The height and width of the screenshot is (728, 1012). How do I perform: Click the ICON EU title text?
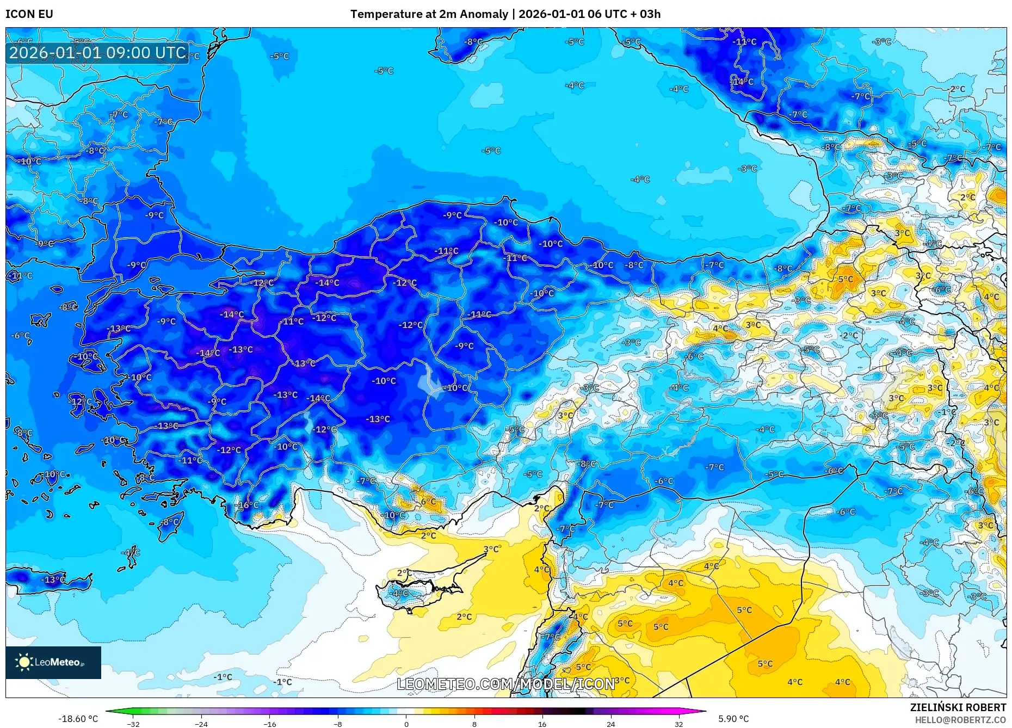[x=29, y=14]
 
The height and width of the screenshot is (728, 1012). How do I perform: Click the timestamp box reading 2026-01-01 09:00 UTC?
[x=97, y=53]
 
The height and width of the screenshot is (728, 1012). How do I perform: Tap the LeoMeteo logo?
[x=53, y=662]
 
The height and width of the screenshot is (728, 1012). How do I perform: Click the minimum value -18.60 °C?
[x=78, y=719]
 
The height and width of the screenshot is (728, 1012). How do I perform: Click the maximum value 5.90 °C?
[x=733, y=719]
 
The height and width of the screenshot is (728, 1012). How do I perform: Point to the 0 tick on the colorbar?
[x=406, y=724]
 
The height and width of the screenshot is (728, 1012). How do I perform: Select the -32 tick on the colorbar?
[x=133, y=724]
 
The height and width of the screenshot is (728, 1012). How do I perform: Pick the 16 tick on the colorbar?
[x=542, y=724]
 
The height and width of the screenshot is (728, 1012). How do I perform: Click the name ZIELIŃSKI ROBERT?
[x=958, y=707]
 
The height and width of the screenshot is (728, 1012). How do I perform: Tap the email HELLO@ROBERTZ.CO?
[x=960, y=720]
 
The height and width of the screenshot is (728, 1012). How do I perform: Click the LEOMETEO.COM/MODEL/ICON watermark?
[x=505, y=684]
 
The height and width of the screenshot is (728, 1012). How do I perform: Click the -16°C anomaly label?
[x=248, y=505]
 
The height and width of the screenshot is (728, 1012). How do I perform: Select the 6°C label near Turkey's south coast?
[x=428, y=502]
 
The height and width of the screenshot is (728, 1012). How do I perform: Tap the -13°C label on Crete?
[x=54, y=579]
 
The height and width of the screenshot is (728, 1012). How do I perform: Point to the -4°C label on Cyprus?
[x=400, y=593]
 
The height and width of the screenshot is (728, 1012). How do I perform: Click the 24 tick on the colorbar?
[x=610, y=724]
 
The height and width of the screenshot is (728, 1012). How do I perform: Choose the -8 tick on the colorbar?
[x=337, y=724]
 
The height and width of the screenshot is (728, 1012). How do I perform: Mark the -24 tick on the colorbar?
[x=201, y=724]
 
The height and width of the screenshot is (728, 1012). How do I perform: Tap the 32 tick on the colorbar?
[x=678, y=724]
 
